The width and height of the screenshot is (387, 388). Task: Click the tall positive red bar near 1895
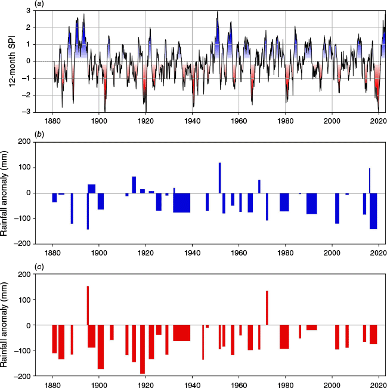click(x=88, y=306)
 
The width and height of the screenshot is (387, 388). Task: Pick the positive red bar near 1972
click(x=267, y=307)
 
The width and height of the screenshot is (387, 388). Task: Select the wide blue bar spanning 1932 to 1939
click(x=182, y=202)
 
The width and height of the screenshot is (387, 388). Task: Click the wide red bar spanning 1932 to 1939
click(x=182, y=332)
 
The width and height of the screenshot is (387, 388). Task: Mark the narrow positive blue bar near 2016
click(x=370, y=181)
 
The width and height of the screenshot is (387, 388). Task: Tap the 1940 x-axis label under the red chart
click(x=192, y=384)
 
